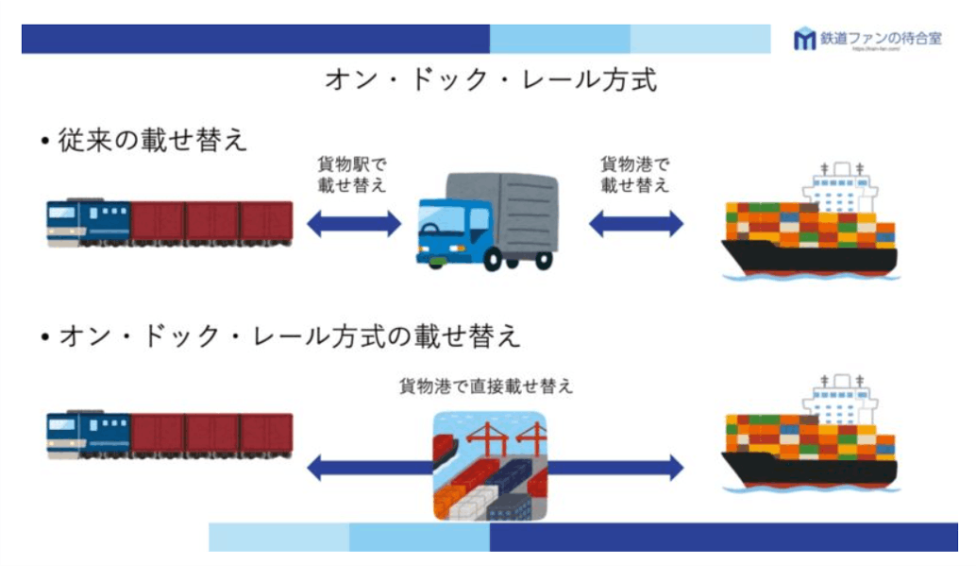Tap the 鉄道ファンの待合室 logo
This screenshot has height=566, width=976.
point(867,39)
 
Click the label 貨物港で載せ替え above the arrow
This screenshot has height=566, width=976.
point(634,173)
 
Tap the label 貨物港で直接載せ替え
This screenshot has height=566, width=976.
point(486,386)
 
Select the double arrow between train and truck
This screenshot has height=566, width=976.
point(354,224)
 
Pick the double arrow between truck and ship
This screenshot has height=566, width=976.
point(635,224)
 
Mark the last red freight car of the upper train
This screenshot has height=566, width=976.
point(265,222)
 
